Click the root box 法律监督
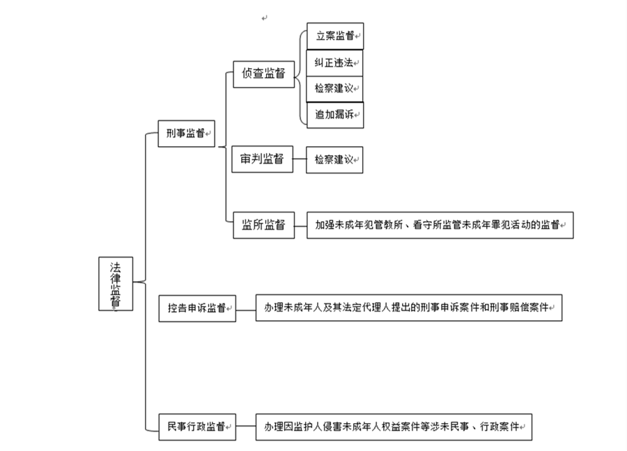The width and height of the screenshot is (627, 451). click(116, 283)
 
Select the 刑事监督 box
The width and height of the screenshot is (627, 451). click(185, 134)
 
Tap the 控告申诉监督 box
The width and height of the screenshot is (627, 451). click(197, 308)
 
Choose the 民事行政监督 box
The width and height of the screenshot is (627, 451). click(197, 426)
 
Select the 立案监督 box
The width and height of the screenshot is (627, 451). click(335, 35)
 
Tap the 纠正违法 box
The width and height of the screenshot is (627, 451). click(335, 63)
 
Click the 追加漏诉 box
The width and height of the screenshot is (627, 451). click(335, 115)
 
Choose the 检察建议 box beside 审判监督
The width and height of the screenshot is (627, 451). click(335, 159)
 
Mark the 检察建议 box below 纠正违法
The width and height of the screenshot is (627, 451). click(335, 88)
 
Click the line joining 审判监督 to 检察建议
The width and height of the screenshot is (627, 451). click(300, 159)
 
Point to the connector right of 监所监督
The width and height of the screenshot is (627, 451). click(300, 224)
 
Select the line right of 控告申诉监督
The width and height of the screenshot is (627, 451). click(246, 307)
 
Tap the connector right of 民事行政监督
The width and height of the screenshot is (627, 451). click(246, 425)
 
